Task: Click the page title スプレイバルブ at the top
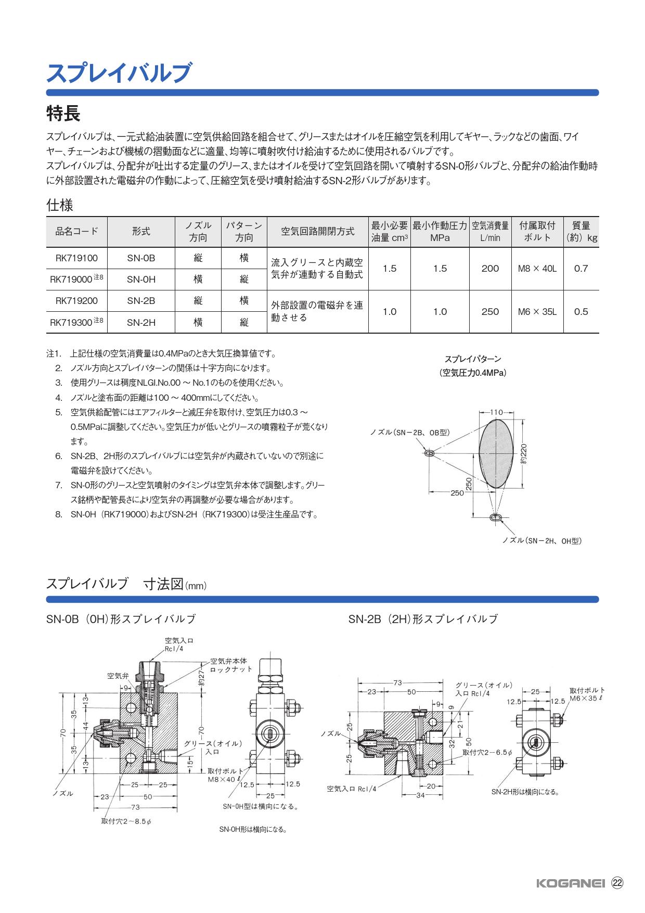pos(119,73)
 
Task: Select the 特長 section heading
pos(63,113)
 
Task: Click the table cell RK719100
pos(76,258)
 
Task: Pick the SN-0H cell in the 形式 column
pos(141,280)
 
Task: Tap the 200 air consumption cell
pos(490,269)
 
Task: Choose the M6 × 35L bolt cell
pos(537,312)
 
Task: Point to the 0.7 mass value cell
pos(580,269)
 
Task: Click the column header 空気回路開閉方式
pos(317,232)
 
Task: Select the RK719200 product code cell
pos(76,301)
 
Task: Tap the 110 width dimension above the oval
pos(496,412)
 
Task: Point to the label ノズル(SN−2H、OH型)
pos(541,541)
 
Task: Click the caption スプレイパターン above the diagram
pos(472,359)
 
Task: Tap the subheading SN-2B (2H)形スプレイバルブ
pos(423,619)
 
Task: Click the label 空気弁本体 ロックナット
pos(231,665)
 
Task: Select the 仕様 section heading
pos(60,205)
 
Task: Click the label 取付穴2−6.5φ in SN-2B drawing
pos(487,753)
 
